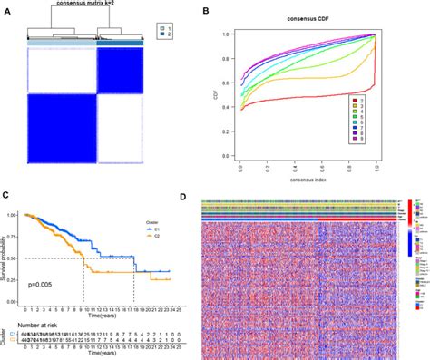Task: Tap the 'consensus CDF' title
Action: (308, 19)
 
